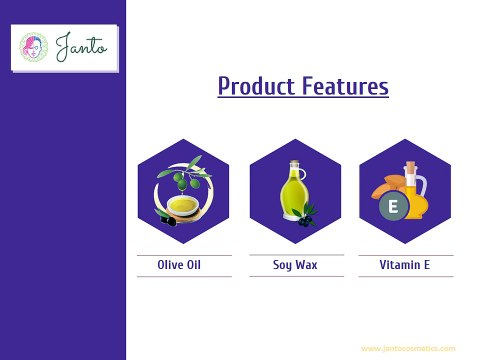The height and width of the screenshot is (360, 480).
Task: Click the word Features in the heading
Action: point(346,87)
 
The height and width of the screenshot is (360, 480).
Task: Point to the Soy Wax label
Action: point(295,266)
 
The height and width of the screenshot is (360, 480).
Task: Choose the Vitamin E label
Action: point(406,266)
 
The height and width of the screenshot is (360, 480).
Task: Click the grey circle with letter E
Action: point(393,208)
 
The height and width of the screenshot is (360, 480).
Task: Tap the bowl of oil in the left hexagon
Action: point(182,207)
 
